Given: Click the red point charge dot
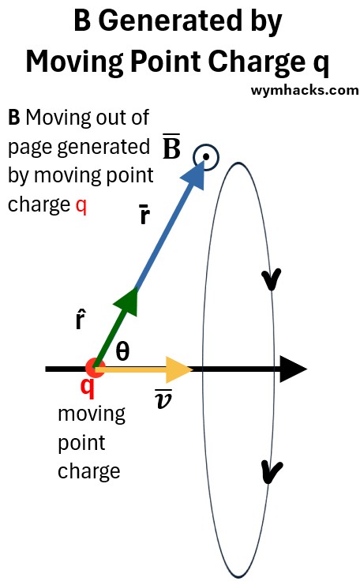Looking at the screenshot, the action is tap(96, 369).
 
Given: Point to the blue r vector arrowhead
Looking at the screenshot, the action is tap(195, 175).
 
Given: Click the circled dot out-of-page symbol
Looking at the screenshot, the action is tap(206, 157).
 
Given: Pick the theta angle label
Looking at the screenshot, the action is tap(122, 351).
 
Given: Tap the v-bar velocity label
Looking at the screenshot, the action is tap(163, 399).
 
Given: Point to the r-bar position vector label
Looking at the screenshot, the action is tap(145, 214).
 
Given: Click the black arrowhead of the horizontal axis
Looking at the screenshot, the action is tap(293, 369).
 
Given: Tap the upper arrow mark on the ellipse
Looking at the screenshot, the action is tap(272, 279).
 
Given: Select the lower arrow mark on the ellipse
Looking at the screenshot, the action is tap(272, 472).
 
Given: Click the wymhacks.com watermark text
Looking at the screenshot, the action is tap(305, 90).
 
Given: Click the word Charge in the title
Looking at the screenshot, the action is tap(257, 62).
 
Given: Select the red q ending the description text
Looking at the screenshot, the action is tap(81, 205).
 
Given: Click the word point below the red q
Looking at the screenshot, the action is tap(81, 444).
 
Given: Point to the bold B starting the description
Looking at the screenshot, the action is tap(13, 118).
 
